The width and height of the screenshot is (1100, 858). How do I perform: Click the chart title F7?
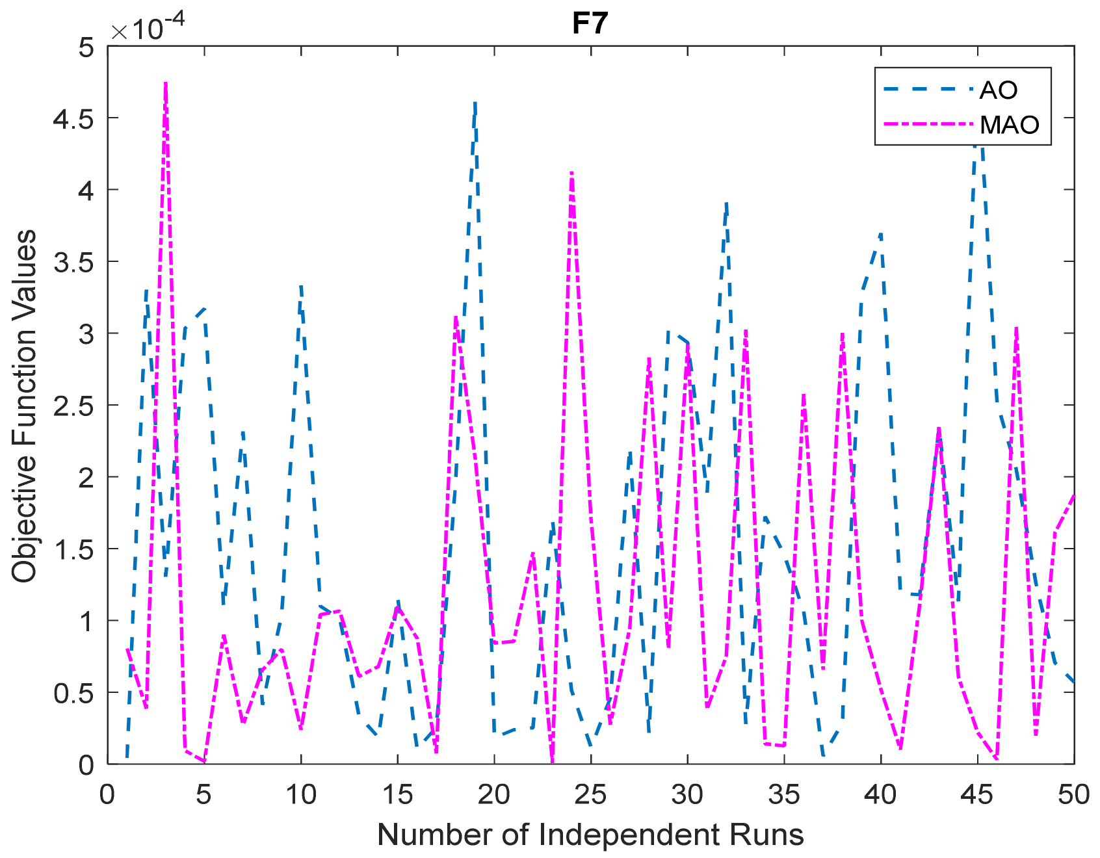[590, 24]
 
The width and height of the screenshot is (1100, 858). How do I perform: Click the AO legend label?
[998, 90]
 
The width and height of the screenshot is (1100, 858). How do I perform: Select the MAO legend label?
[1010, 124]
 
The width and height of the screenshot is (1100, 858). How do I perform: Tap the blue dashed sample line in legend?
[928, 90]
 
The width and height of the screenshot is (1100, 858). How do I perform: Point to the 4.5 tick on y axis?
[73, 119]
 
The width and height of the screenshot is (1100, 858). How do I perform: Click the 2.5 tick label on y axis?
[73, 406]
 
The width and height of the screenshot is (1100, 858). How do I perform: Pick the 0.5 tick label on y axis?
[73, 694]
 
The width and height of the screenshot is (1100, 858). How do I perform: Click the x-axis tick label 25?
[590, 794]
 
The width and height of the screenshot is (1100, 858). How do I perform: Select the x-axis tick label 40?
[880, 794]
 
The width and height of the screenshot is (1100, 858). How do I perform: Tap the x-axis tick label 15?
[397, 794]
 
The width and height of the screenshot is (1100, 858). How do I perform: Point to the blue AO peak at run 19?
[475, 103]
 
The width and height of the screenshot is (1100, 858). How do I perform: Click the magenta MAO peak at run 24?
[571, 172]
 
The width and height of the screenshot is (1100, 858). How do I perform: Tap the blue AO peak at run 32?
[726, 203]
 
